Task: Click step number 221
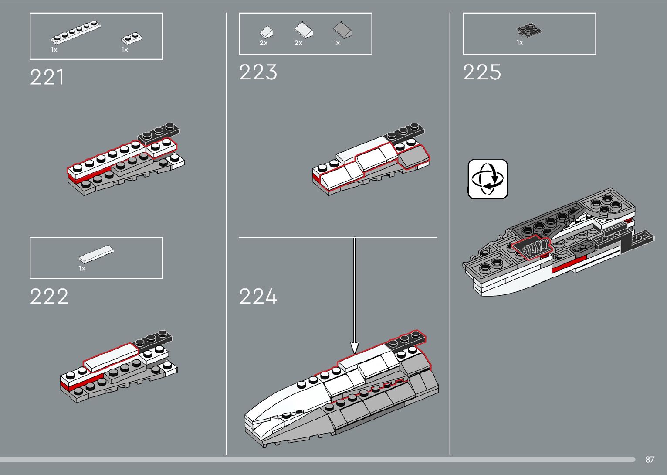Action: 47,78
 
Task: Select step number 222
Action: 49,297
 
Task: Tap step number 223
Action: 258,72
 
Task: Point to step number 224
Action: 258,297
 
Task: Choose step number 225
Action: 482,72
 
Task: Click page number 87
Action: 650,459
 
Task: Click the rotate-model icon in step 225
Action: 488,179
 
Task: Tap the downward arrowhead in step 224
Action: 355,348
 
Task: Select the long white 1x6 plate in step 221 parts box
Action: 76,32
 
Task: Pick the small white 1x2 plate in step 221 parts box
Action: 131,38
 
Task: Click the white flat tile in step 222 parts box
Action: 97,254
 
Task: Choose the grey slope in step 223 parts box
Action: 343,30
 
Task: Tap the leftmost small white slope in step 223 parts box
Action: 266,32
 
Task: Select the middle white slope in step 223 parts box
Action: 304,30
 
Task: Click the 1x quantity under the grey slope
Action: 336,43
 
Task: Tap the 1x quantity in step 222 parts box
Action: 82,268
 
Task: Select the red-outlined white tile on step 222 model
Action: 111,357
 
